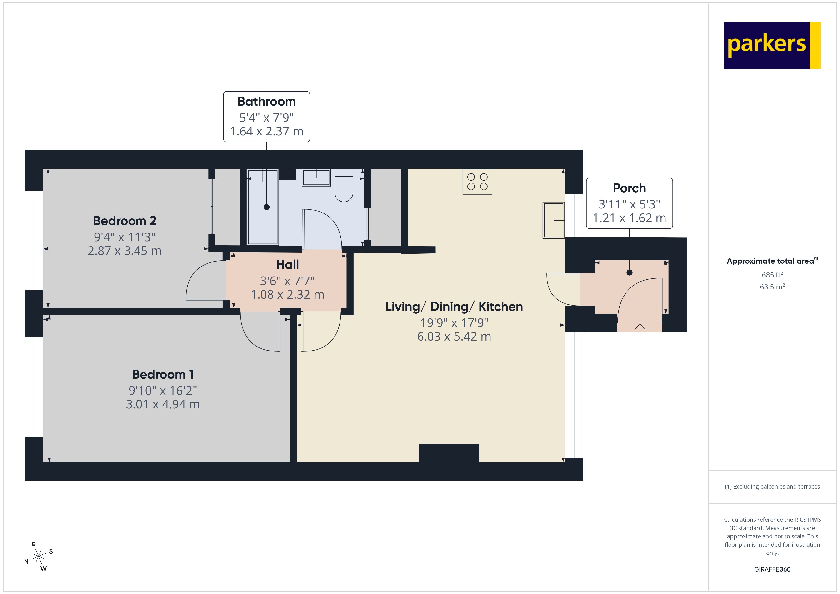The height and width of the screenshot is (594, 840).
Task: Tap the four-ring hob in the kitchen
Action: pos(477,181)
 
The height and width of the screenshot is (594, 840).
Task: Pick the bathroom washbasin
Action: pos(316,178)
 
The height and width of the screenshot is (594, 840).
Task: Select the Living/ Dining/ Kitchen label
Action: pos(454,307)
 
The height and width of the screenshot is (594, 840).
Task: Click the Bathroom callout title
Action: pos(266,101)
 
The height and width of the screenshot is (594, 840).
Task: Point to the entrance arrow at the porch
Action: pos(640,328)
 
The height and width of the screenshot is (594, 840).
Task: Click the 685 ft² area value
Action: pos(772,275)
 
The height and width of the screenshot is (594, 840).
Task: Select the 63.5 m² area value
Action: pos(772,287)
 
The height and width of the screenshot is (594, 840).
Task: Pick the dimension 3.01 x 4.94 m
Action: pos(163,404)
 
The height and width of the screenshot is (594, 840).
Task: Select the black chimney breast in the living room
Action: pos(449,453)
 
